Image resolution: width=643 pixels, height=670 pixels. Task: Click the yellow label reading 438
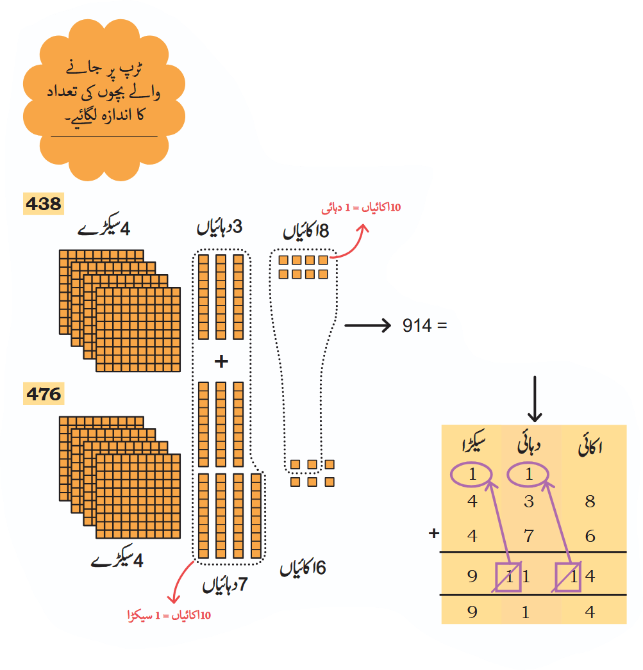pos(44,204)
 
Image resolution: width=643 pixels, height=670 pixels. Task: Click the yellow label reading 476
pos(44,393)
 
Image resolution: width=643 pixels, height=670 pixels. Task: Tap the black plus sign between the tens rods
pos(221,361)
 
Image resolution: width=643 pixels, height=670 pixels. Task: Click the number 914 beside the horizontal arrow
pos(417,325)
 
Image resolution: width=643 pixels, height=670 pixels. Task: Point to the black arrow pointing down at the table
pos(535,399)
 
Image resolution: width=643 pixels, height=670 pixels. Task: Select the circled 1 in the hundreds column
pos(472,474)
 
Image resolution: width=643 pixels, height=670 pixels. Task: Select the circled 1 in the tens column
pos(528,474)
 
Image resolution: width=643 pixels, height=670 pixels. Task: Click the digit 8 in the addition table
pos(590,501)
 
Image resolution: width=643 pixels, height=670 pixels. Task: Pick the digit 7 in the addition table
pos(529,536)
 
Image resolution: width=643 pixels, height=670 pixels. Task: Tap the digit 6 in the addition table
pos(590,536)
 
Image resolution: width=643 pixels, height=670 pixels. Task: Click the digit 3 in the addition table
pos(529,501)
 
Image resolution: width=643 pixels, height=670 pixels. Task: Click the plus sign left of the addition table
pos(434,534)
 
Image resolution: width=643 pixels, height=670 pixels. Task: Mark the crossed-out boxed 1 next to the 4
pos(568,577)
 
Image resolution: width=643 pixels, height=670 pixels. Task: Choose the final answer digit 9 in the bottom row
pos(472,612)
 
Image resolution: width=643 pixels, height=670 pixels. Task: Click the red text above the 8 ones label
pos(362,208)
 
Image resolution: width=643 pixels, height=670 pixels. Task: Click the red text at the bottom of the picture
pos(169,616)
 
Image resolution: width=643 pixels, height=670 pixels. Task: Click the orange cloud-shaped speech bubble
pos(104,100)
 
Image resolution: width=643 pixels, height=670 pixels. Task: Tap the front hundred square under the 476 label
pos(138,496)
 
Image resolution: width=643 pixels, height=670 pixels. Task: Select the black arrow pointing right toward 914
pos(368,325)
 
